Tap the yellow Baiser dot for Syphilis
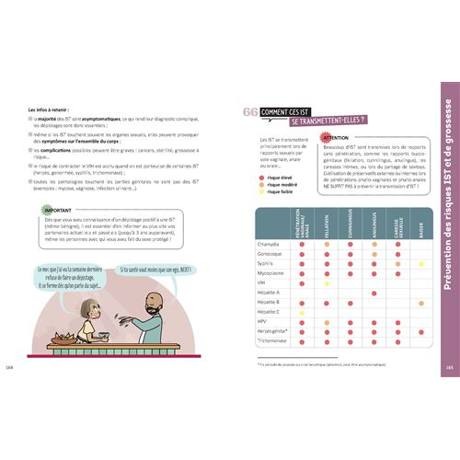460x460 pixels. (x=420, y=263)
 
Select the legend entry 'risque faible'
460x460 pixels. (x=279, y=191)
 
